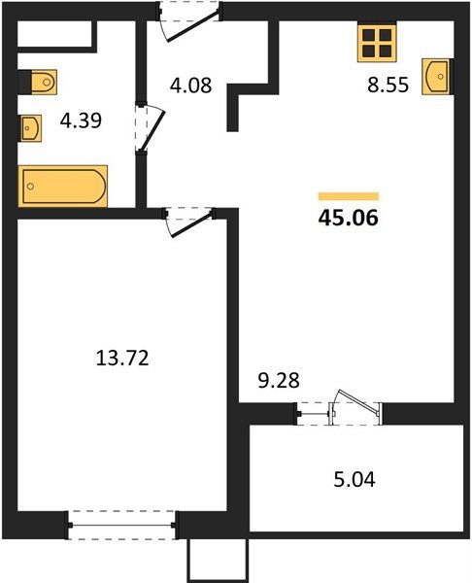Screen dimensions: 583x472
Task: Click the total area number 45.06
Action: (348, 218)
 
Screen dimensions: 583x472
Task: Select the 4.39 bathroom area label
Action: (82, 123)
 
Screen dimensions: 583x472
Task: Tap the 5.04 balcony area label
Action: (353, 479)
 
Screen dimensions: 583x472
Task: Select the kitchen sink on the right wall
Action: (437, 74)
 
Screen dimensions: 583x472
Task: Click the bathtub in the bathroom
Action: (63, 185)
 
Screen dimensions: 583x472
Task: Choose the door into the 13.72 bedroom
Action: (187, 218)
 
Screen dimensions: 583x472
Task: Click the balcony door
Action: (340, 411)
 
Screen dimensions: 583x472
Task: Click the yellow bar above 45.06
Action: (348, 196)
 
